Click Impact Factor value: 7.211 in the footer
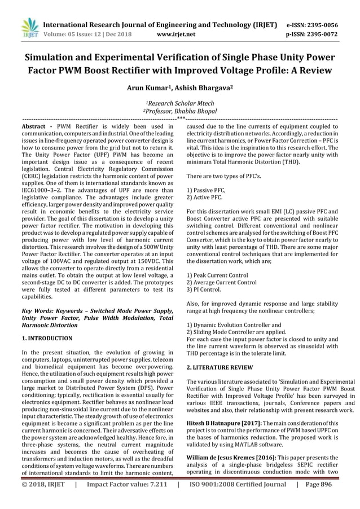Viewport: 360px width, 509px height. [127, 499]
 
